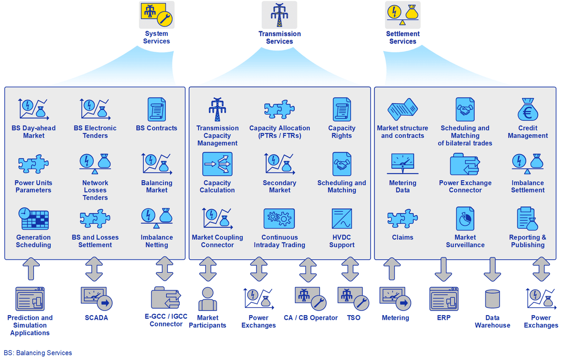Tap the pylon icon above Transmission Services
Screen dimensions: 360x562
[279, 15]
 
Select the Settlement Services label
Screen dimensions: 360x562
[402, 38]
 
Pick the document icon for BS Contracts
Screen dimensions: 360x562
[156, 109]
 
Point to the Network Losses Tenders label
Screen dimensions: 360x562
[95, 190]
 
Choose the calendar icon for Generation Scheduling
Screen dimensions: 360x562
[33, 219]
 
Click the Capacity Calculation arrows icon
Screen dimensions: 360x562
[217, 164]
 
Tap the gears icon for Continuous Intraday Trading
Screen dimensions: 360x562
[279, 219]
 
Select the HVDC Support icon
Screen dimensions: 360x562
[342, 219]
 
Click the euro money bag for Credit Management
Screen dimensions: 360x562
[528, 109]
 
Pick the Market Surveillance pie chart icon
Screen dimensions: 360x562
[465, 219]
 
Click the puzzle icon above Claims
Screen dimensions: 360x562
[402, 219]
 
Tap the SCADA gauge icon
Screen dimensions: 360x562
[96, 299]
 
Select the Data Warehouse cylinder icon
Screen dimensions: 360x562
[492, 299]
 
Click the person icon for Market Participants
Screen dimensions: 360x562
[208, 299]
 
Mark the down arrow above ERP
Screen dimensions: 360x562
[443, 269]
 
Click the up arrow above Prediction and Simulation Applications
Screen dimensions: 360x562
[31, 269]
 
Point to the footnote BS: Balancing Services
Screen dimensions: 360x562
[38, 353]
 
